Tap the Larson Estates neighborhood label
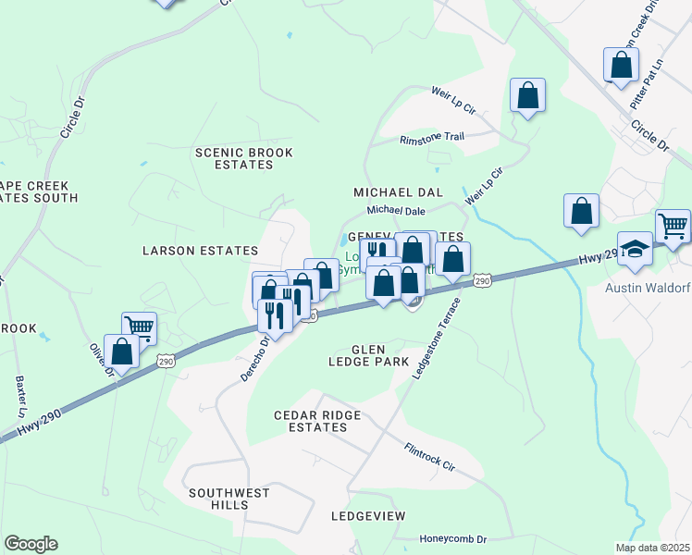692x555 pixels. click(x=199, y=251)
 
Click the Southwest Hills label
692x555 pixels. click(x=229, y=499)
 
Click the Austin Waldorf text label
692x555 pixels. click(x=648, y=288)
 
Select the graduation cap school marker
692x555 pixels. click(x=635, y=250)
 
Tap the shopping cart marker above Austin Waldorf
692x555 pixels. click(x=673, y=226)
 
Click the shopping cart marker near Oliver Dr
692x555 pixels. click(x=139, y=327)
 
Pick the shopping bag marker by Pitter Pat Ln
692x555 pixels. click(x=621, y=65)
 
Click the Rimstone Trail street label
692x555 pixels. click(x=431, y=138)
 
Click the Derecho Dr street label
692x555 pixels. click(x=258, y=353)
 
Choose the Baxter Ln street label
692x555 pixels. click(x=20, y=395)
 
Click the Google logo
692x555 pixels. click(x=31, y=544)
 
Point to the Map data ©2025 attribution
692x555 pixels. click(x=651, y=548)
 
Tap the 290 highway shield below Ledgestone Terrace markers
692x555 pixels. click(x=481, y=279)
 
